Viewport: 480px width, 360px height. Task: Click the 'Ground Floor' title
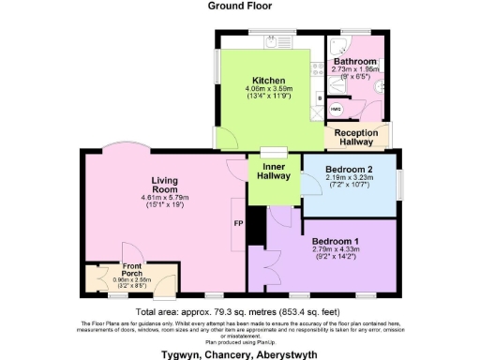click(240, 6)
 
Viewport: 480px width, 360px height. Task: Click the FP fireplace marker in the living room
click(237, 226)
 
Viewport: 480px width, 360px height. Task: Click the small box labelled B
click(321, 96)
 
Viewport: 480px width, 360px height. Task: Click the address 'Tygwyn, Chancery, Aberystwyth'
click(240, 353)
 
